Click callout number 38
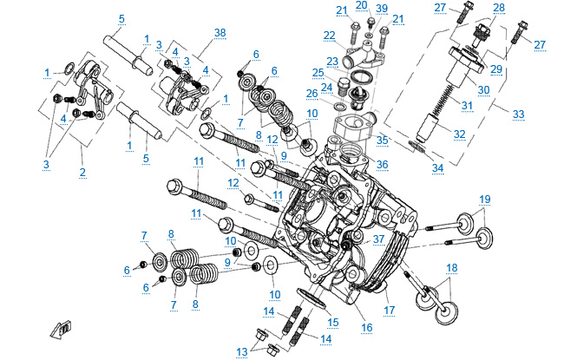(220, 32)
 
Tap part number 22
(329, 35)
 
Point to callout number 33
(519, 114)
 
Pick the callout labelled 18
(451, 268)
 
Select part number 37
(377, 239)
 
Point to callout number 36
(382, 163)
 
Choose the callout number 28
(498, 8)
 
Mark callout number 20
(361, 5)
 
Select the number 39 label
(382, 7)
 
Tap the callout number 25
(318, 72)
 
